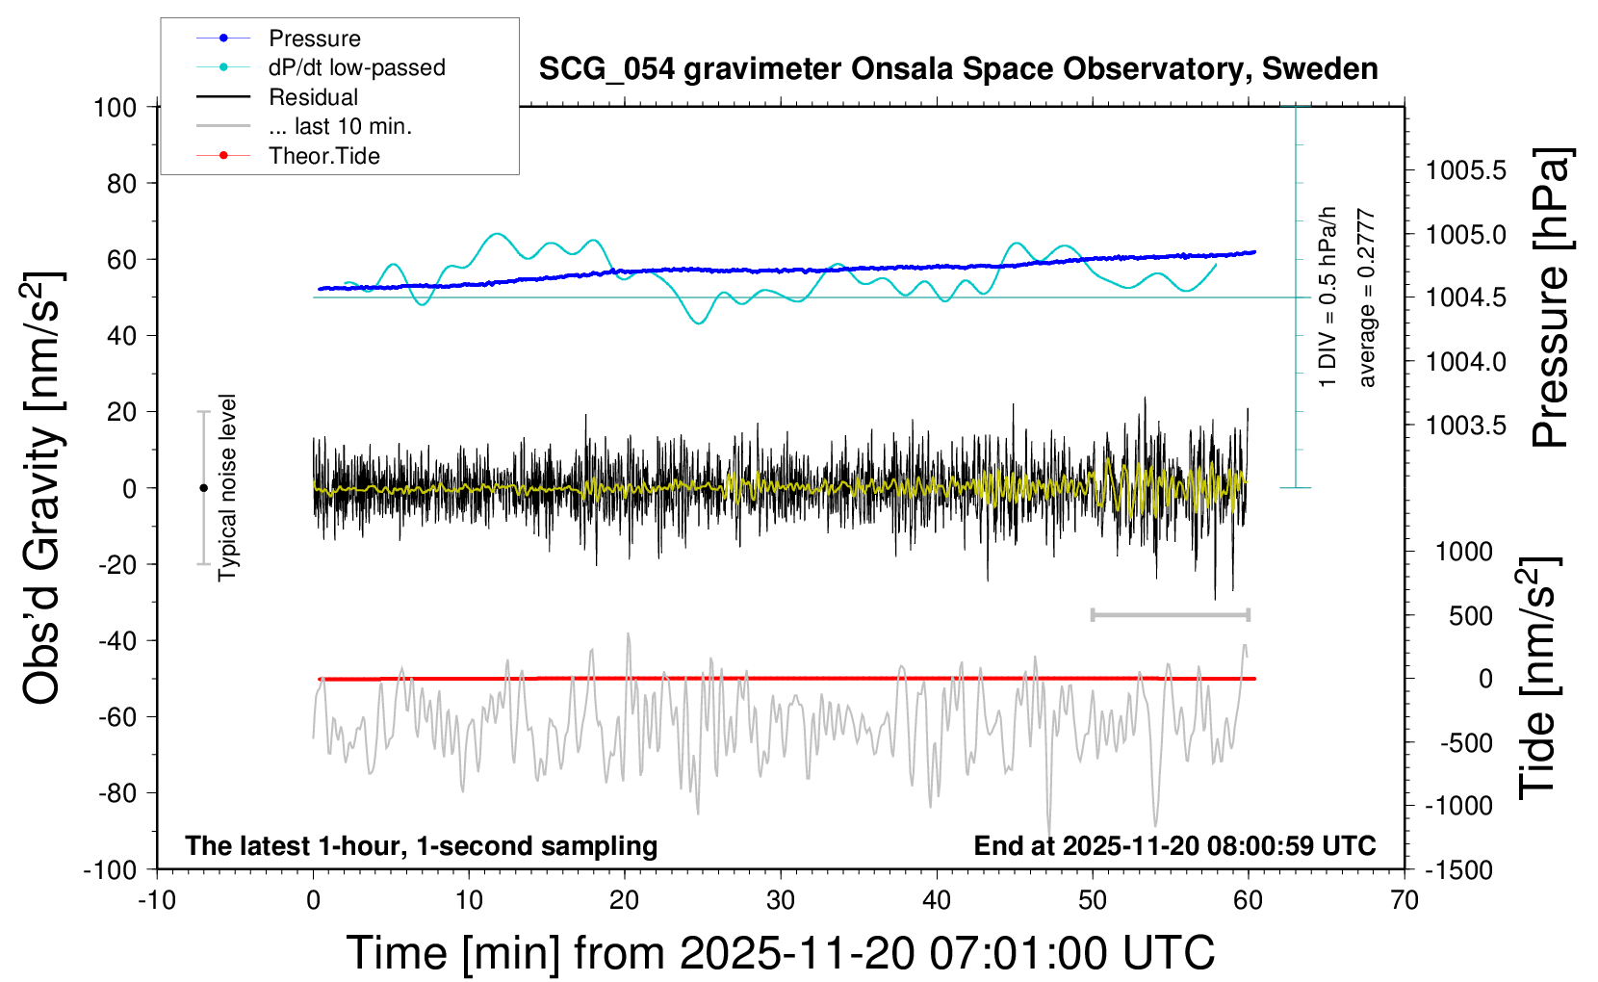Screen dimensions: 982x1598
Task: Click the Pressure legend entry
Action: pos(314,39)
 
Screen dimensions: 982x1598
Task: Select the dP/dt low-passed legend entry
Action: pos(356,67)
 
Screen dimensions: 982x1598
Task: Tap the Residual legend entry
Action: pos(313,97)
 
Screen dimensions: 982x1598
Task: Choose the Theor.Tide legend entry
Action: pos(323,156)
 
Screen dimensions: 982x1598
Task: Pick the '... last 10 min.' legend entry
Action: pos(340,126)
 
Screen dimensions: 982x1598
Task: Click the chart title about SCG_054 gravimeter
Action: pos(958,69)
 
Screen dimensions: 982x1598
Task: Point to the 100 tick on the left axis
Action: pos(116,107)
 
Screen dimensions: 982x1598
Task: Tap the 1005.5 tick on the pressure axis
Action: pos(1465,171)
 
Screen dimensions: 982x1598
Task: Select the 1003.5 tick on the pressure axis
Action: pos(1465,426)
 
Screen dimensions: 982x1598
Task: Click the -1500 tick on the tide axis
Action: pos(1458,870)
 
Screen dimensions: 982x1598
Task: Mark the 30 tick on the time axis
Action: pos(781,901)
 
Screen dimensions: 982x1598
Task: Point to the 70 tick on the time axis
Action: pos(1405,901)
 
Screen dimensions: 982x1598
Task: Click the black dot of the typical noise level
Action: pos(203,488)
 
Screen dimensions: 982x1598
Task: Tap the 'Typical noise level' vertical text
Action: pos(227,487)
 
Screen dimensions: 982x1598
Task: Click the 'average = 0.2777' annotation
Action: pos(1367,298)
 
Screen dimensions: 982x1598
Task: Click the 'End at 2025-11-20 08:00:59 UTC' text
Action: pos(1174,846)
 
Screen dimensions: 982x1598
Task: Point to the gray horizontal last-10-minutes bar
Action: pos(1170,615)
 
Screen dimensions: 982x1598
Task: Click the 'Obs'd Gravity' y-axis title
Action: pos(43,487)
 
